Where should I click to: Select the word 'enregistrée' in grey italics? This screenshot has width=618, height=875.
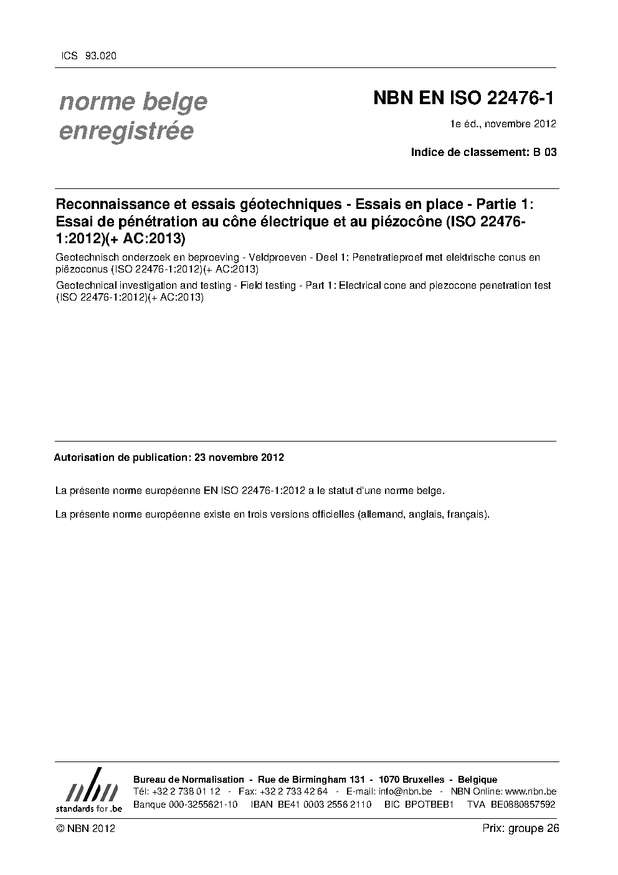click(126, 132)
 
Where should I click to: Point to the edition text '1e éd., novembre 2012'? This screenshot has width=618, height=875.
click(503, 123)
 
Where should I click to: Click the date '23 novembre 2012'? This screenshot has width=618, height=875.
click(239, 457)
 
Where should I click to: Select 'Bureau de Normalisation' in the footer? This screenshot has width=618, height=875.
click(189, 780)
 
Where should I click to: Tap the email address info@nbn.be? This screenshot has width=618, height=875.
click(405, 791)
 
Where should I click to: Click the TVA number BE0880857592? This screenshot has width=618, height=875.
click(523, 805)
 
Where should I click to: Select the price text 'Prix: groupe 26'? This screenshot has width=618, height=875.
click(520, 828)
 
